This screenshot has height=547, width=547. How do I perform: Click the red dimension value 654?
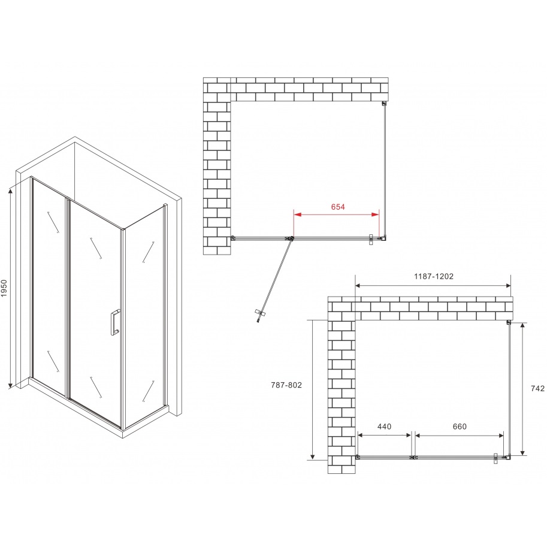pos(338,207)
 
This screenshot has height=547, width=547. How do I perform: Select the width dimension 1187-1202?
pos(433,277)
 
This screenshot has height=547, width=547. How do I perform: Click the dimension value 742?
pos(537,389)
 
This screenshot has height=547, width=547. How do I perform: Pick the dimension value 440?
pos(383,427)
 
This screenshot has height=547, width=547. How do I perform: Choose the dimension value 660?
pos(459,427)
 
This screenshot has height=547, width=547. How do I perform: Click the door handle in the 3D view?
pos(114,322)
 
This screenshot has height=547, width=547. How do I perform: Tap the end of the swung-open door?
pos(258,315)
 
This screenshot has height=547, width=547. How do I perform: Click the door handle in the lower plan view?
pos(496,458)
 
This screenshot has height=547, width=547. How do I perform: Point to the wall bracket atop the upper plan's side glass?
pos(383,104)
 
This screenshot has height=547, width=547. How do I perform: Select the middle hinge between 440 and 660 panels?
pos(412,458)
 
